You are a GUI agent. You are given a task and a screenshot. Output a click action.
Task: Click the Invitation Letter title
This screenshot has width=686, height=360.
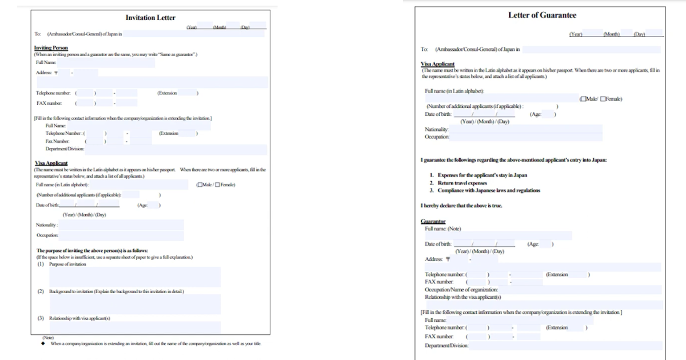point(150,18)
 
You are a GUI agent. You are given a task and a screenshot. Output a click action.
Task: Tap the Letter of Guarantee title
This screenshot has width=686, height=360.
point(542,15)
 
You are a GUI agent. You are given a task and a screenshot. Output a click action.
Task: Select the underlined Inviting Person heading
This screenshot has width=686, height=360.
point(51,47)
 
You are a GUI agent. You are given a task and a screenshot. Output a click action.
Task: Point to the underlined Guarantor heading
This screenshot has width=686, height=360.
point(433,221)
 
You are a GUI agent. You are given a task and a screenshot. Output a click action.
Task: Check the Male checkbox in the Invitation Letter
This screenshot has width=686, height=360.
point(199,185)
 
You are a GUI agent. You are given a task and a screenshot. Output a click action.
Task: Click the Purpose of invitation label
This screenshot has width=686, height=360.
point(67,264)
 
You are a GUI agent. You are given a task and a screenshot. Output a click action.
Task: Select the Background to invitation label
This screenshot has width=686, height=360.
point(116,291)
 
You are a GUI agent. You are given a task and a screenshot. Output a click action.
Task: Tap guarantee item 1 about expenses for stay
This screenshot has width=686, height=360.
point(482,175)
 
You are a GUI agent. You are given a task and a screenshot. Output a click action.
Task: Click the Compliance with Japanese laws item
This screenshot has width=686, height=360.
point(488,190)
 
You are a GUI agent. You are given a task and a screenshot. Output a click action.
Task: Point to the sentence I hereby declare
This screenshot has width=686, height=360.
point(461,206)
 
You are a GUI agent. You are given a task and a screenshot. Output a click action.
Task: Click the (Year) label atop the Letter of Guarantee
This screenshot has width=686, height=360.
point(575,35)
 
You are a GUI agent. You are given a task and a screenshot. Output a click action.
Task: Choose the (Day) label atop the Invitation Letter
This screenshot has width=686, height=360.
point(245,27)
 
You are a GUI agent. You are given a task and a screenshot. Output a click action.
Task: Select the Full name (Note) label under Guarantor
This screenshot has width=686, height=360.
point(443,229)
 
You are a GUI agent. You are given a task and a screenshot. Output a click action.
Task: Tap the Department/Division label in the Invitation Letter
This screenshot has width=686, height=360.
point(65,149)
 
